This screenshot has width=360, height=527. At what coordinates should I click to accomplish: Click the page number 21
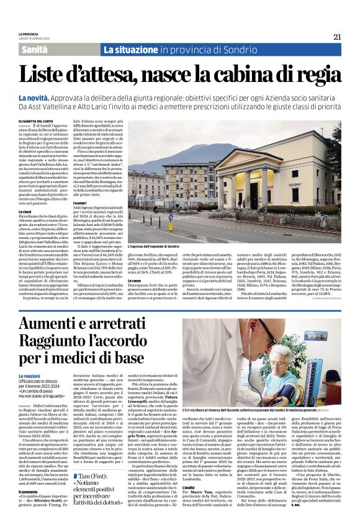pyautogui.click(x=337, y=37)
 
